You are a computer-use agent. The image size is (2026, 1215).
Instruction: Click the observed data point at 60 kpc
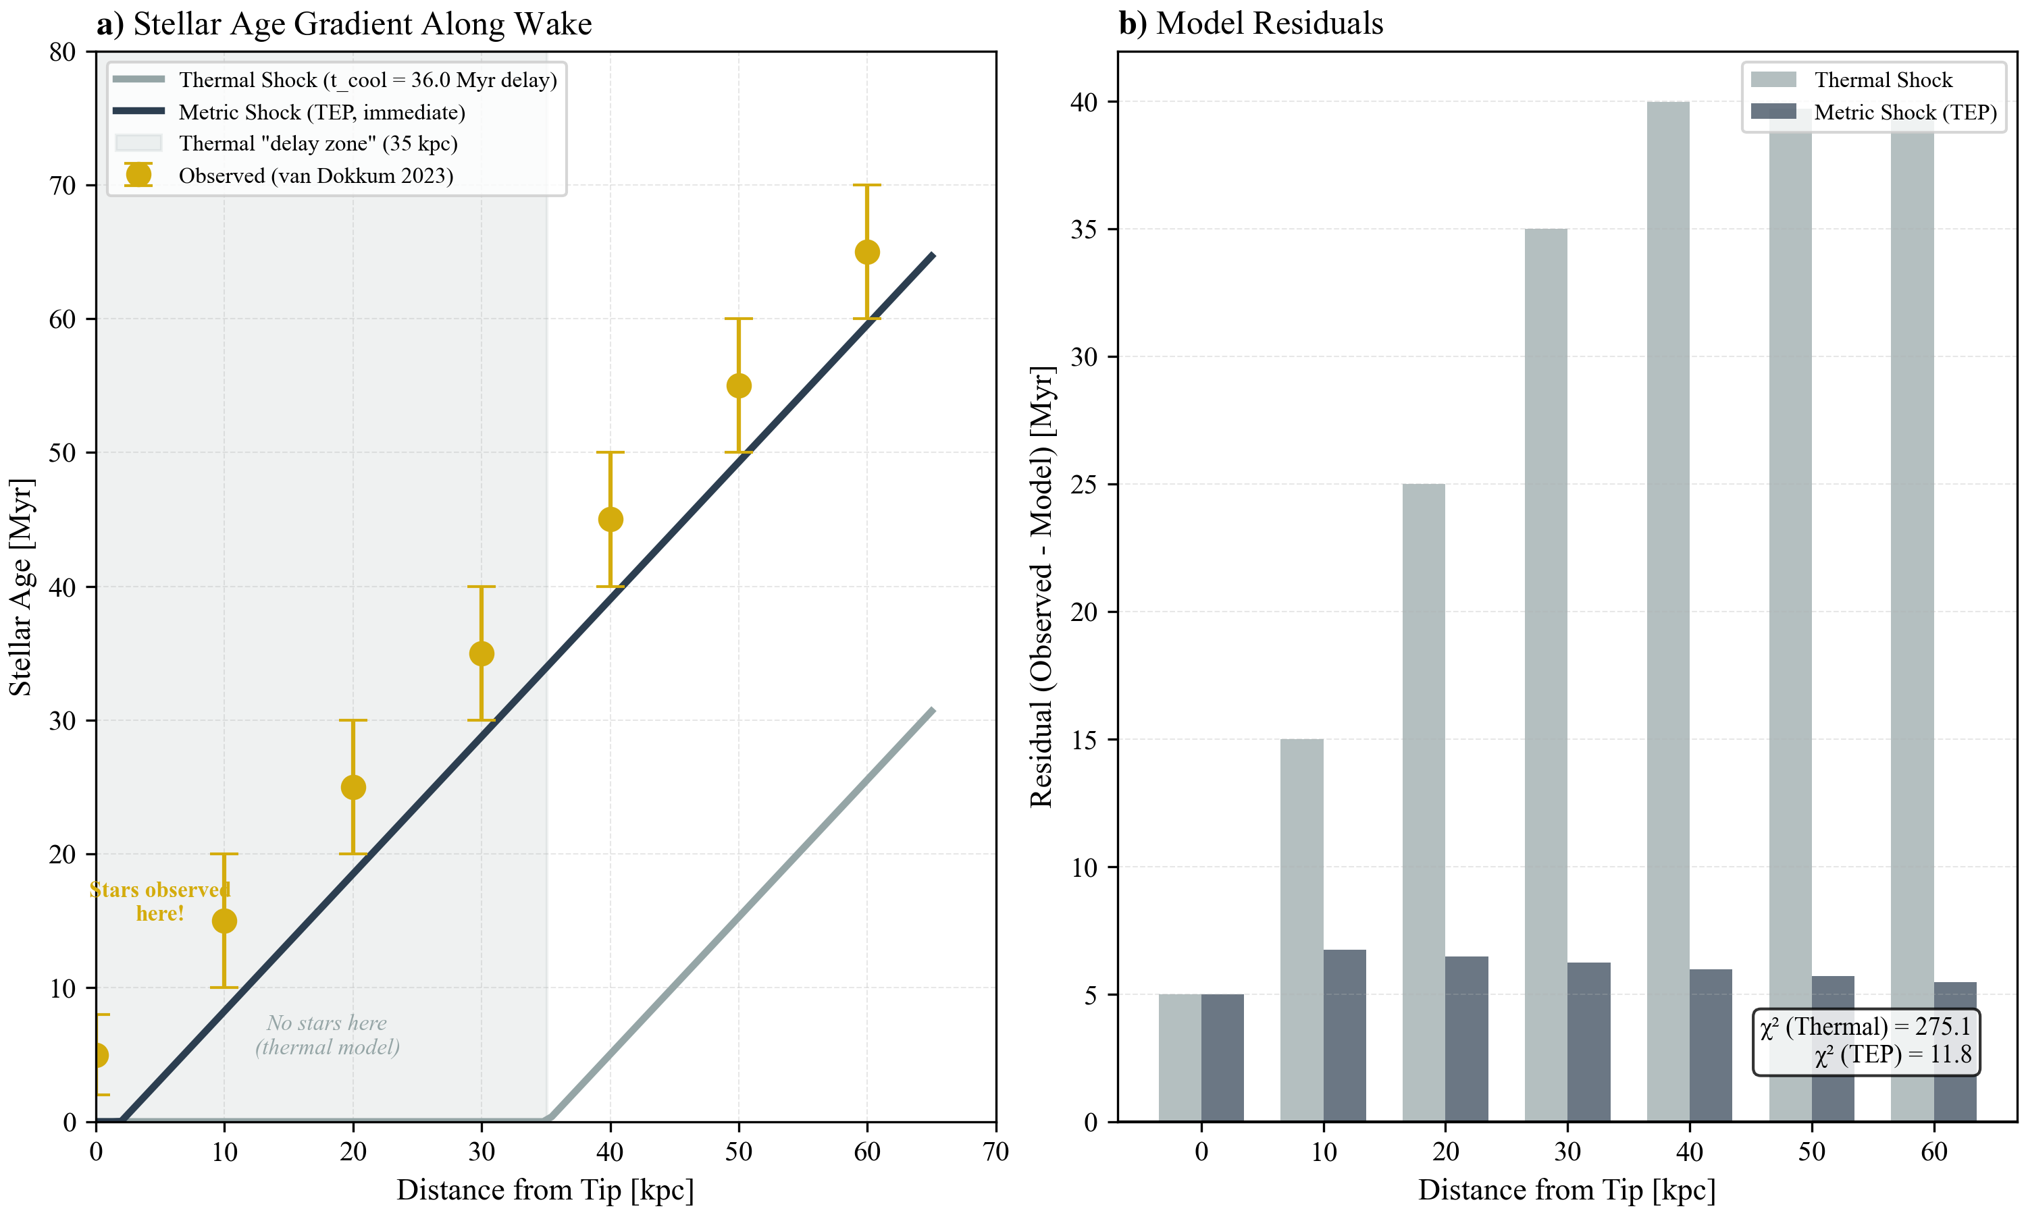866,252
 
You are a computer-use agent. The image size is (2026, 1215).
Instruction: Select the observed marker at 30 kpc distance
482,653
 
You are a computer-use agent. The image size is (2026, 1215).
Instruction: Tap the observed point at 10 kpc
224,921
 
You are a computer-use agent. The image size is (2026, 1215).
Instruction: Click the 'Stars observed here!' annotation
159,901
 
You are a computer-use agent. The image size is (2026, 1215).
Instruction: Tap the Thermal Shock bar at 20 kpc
1424,803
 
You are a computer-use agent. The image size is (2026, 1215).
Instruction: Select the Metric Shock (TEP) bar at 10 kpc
1345,1035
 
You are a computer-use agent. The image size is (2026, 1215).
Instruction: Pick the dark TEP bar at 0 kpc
1222,1058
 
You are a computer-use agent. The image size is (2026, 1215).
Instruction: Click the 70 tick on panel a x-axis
995,1152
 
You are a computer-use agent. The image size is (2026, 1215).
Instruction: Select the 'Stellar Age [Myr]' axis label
20,587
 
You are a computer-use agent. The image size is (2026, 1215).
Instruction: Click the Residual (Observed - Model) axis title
1041,587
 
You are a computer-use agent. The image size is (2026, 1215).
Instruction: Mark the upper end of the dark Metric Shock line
932,255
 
